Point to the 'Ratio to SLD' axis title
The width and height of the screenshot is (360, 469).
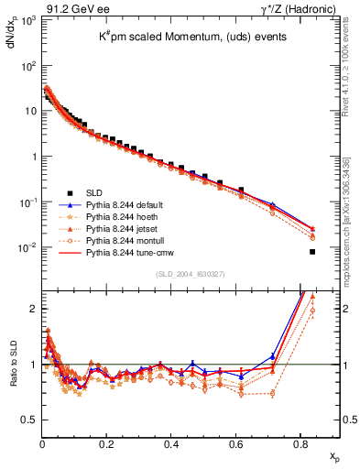pyautogui.click(x=12, y=376)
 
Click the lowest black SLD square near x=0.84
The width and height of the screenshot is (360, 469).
pyautogui.click(x=313, y=252)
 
